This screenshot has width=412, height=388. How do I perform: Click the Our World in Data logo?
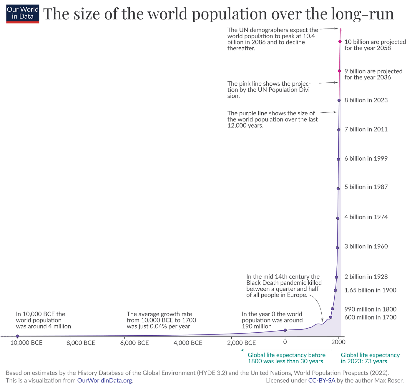[x=23, y=14]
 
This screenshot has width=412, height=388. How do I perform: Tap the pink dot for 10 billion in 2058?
[x=340, y=41]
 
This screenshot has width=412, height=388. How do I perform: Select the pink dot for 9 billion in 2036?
[x=339, y=71]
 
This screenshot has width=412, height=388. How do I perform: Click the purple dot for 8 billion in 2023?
[x=339, y=100]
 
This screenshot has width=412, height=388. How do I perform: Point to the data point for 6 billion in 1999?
[x=338, y=159]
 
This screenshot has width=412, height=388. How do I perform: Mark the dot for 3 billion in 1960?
[x=337, y=248]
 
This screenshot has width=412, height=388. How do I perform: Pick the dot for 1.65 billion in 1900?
[x=335, y=290]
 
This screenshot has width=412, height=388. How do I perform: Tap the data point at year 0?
[x=285, y=330]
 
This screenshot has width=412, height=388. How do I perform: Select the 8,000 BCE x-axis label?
[x=81, y=343]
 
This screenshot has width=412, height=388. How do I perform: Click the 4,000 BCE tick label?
[x=188, y=343]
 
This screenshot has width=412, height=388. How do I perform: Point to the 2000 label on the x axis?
[x=338, y=342]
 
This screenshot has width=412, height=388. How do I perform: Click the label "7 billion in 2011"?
[x=366, y=129]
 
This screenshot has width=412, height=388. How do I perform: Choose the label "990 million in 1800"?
[x=370, y=309]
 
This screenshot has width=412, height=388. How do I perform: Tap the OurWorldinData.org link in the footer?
[x=104, y=381]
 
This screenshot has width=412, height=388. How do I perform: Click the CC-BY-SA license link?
[x=322, y=381]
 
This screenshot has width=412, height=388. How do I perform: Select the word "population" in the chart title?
[x=229, y=14]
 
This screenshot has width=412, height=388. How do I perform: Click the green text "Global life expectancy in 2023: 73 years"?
[x=370, y=358]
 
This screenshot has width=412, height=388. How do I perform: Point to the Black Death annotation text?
[x=284, y=286]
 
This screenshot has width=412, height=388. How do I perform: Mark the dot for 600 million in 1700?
[x=330, y=317]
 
